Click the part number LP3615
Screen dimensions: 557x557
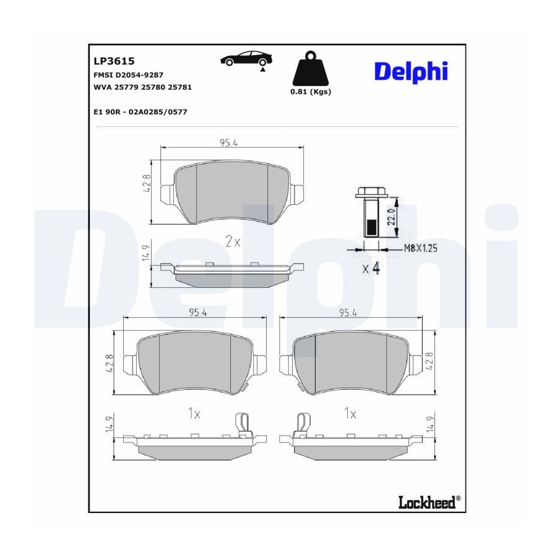click(x=114, y=61)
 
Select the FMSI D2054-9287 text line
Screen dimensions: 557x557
click(x=128, y=75)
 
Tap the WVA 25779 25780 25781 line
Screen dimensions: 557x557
click(x=142, y=87)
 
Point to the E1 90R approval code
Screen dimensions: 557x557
click(x=140, y=112)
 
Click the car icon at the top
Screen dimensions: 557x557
click(x=246, y=59)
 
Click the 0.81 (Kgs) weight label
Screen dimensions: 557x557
click(x=311, y=92)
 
